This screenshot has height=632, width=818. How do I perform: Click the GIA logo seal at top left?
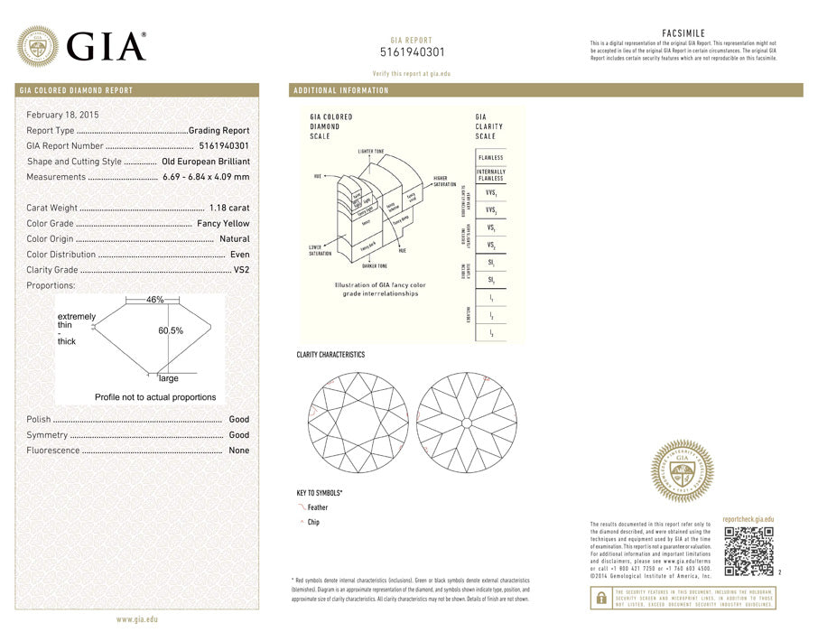coord(39,45)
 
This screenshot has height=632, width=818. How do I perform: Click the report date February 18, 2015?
coord(63,115)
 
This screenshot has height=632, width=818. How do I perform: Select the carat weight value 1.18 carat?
coord(229,209)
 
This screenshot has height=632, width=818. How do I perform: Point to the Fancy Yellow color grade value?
coord(223,224)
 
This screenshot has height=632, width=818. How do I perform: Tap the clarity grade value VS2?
coord(241,270)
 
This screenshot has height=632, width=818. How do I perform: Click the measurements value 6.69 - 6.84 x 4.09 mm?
coord(206,177)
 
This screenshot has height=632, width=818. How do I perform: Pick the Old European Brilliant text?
coord(205,162)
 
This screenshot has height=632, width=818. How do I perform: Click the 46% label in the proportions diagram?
coord(154,299)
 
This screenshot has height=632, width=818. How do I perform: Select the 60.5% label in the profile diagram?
coord(171,330)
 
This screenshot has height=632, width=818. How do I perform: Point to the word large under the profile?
coord(169,378)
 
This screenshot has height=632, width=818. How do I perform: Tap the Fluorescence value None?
coord(239,451)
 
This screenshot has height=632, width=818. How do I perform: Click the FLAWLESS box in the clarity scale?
coord(491,158)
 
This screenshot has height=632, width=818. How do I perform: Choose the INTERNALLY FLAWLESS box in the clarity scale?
coord(491,174)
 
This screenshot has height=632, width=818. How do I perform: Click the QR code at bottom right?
coord(749,551)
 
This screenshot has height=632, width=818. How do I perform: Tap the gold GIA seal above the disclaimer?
coord(683,471)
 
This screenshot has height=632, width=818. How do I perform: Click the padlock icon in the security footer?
coord(600,598)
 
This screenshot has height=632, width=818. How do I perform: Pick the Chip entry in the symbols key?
coord(313,523)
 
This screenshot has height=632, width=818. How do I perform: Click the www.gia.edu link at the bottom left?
coord(137,619)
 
